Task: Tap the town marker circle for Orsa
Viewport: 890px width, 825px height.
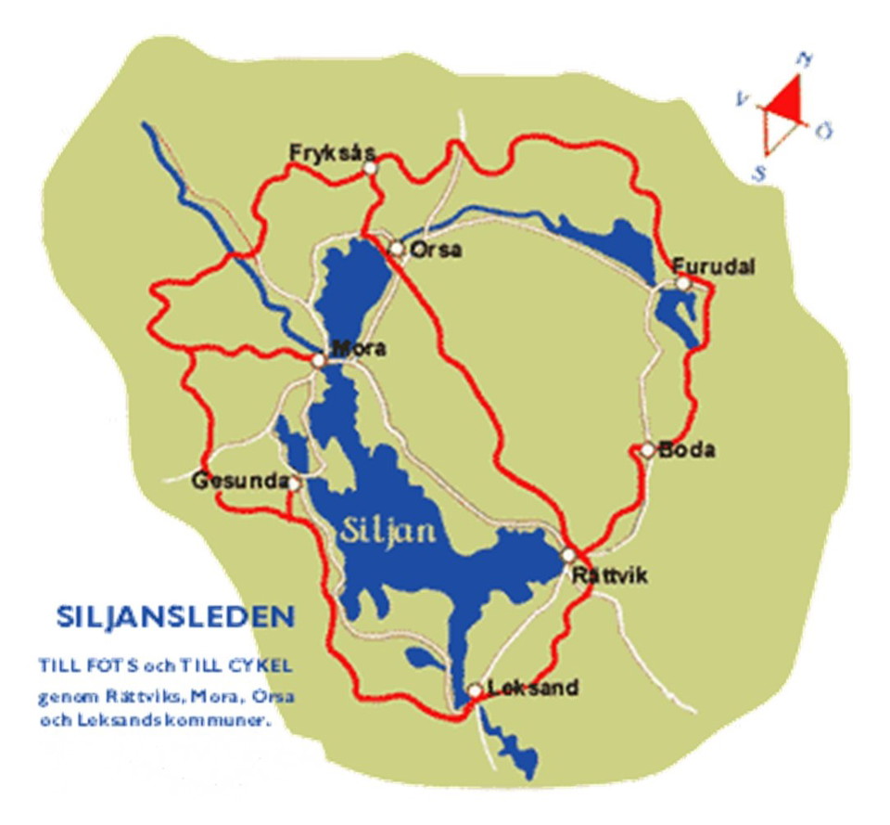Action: [397, 249]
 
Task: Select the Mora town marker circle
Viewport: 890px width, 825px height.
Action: [318, 360]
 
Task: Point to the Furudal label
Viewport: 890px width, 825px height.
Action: [714, 266]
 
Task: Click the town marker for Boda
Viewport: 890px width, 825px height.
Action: [648, 450]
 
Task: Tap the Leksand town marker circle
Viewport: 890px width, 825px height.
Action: [475, 691]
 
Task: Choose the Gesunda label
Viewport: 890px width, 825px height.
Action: [238, 482]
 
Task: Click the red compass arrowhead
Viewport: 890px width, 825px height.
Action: [785, 97]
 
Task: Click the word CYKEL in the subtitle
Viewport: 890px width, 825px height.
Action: [268, 665]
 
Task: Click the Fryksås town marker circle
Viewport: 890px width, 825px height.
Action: [370, 168]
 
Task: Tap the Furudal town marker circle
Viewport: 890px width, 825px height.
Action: [682, 283]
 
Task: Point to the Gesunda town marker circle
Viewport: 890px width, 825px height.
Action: [294, 483]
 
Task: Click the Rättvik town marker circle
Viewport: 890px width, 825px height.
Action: [568, 555]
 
